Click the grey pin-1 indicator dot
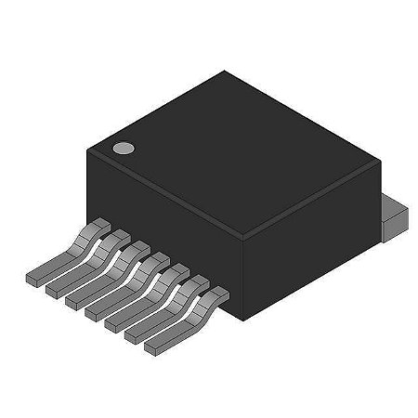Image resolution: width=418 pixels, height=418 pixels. click(122, 147)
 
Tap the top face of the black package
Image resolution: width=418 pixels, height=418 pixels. click(232, 149)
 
